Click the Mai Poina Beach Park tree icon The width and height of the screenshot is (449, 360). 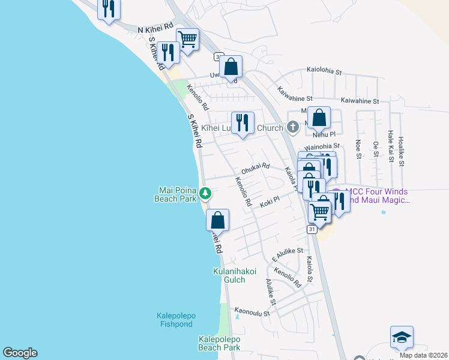pos(205,193)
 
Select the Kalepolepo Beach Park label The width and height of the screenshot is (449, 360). pos(219,343)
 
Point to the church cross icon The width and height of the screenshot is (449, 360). pos(292,127)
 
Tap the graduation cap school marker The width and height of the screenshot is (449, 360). pos(401,338)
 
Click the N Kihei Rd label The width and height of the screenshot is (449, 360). pos(155,29)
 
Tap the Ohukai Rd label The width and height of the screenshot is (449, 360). pos(256,166)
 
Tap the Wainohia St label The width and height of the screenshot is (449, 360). pos(322,146)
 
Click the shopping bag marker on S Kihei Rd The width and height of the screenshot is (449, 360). pos(217,220)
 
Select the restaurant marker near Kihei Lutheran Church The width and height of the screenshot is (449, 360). pos(243,123)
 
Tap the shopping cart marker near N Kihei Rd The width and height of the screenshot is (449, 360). pos(188,40)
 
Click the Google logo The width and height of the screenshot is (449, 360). pos(20,353)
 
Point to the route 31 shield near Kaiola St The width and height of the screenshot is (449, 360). pos(312,229)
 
